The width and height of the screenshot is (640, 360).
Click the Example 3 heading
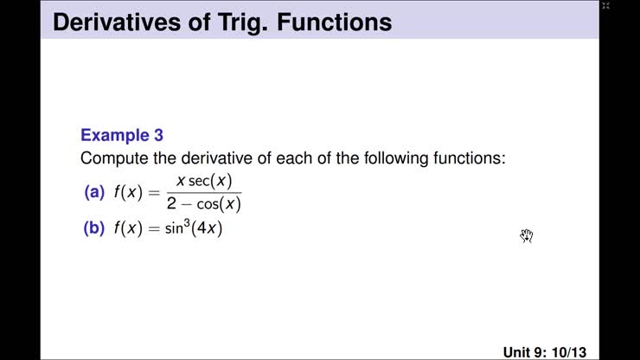tap(122, 136)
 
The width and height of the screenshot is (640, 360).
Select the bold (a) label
tap(93, 193)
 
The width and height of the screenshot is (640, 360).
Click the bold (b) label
tap(93, 230)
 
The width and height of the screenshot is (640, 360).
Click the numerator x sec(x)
tap(203, 181)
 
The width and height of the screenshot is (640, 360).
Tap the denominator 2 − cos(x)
tap(204, 205)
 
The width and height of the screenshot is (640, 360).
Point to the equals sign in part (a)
tap(154, 193)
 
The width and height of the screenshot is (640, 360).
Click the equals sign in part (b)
tap(154, 230)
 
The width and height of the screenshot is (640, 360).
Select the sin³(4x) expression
tap(195, 229)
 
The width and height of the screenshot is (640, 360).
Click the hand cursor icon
tap(527, 235)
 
